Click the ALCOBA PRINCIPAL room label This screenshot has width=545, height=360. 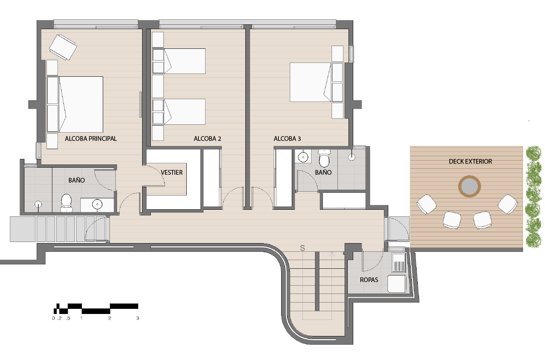click(x=91, y=138)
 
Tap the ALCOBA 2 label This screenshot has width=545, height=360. click(x=207, y=138)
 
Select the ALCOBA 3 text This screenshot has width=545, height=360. click(x=287, y=138)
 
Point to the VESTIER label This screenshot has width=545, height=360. click(x=172, y=172)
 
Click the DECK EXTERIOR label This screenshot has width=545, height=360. click(x=470, y=161)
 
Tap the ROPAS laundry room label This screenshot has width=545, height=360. click(x=369, y=280)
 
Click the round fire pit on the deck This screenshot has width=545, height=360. click(x=469, y=186)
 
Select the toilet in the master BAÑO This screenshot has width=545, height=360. click(x=66, y=203)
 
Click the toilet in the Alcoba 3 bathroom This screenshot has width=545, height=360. click(x=324, y=158)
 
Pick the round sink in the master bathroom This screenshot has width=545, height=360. click(x=97, y=204)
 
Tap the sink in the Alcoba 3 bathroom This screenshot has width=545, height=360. click(x=303, y=157)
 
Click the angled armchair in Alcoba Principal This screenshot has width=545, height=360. click(x=63, y=47)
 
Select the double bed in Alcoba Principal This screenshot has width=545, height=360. click(x=75, y=105)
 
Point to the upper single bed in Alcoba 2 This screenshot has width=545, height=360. click(x=179, y=61)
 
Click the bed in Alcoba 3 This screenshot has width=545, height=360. click(x=316, y=82)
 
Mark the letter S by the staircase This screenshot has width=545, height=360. click(x=302, y=248)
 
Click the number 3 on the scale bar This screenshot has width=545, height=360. click(x=138, y=318)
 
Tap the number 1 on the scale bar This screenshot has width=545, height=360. click(x=81, y=318)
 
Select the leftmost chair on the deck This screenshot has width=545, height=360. click(x=426, y=204)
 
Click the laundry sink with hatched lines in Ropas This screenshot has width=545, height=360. click(x=399, y=263)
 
